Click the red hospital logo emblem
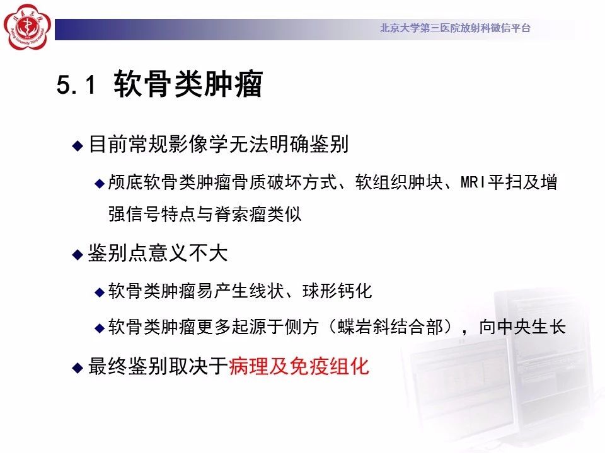[27, 27]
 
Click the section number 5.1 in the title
[76, 84]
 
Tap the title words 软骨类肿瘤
[188, 84]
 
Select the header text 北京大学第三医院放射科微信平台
[455, 28]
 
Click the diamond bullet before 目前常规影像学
[78, 145]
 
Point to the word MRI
[473, 182]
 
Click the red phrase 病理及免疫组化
[299, 366]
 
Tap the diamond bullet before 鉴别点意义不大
[78, 255]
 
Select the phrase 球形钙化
[337, 291]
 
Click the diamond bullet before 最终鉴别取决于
[78, 367]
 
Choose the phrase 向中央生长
[522, 327]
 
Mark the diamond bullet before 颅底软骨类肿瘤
[100, 183]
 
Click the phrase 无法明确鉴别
[289, 145]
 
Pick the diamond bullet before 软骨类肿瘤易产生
[100, 293]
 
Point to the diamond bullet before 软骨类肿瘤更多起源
[100, 328]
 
